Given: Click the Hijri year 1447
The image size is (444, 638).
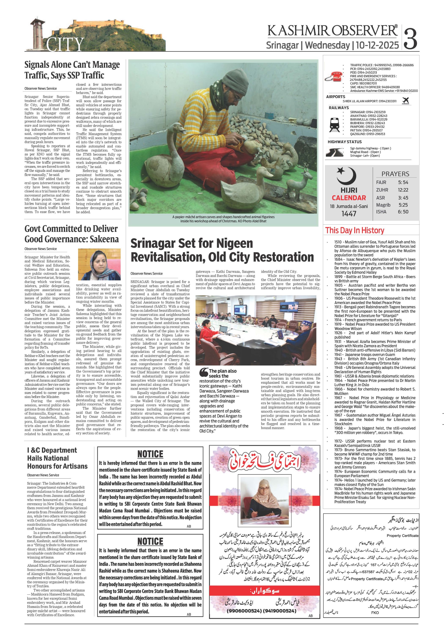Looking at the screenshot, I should click(x=349, y=213).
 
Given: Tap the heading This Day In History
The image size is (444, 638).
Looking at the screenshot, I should click(x=355, y=230).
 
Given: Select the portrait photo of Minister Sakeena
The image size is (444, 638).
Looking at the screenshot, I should click(x=99, y=264).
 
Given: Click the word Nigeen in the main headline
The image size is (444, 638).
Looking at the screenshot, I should click(x=234, y=243).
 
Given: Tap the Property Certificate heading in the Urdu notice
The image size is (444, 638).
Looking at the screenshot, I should click(x=402, y=535).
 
